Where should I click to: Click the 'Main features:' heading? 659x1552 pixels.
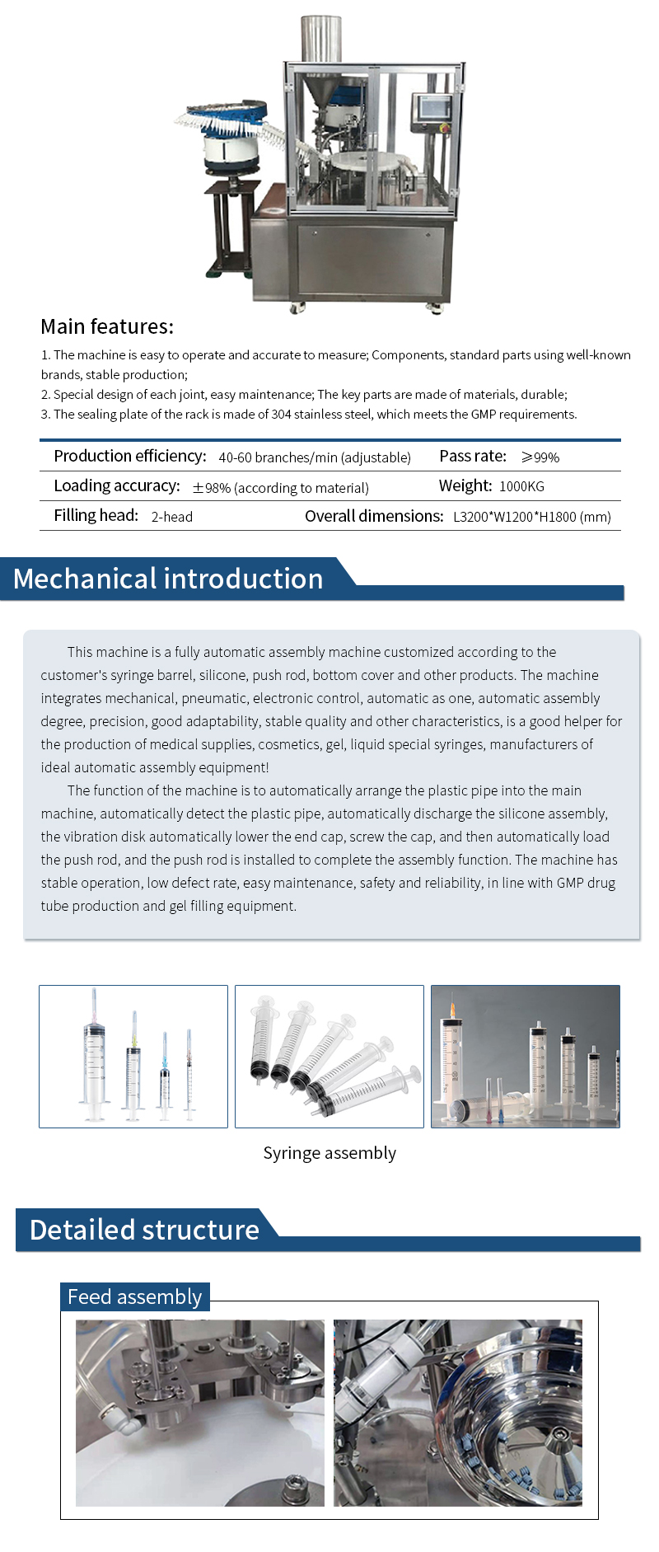[x=107, y=326]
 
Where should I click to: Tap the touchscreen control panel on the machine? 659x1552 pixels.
[x=432, y=110]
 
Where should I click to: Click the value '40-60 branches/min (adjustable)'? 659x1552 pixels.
[x=315, y=457]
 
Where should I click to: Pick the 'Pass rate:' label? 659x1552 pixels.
[x=473, y=457]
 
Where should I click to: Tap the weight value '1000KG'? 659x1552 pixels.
[x=521, y=487]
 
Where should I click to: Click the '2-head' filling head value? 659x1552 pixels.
[x=172, y=517]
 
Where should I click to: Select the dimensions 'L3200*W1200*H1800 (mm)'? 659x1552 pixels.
[x=532, y=517]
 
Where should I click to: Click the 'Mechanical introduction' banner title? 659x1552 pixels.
[x=168, y=579]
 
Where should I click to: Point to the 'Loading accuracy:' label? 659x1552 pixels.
[x=117, y=486]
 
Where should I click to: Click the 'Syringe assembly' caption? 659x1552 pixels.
[x=329, y=1153]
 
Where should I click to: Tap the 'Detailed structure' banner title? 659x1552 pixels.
[x=145, y=1230]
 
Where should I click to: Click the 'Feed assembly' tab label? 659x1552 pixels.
[x=134, y=1297]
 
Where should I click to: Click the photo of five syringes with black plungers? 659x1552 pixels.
[x=329, y=1057]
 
